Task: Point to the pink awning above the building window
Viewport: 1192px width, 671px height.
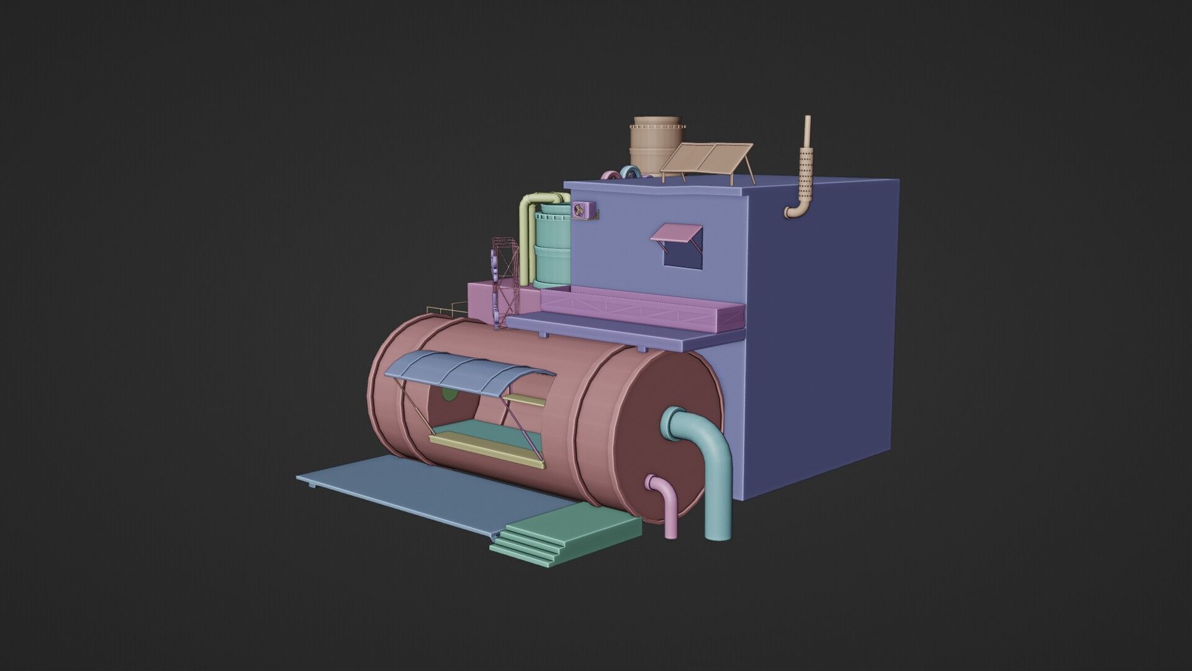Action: [675, 233]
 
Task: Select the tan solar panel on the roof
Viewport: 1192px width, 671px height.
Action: [707, 158]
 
